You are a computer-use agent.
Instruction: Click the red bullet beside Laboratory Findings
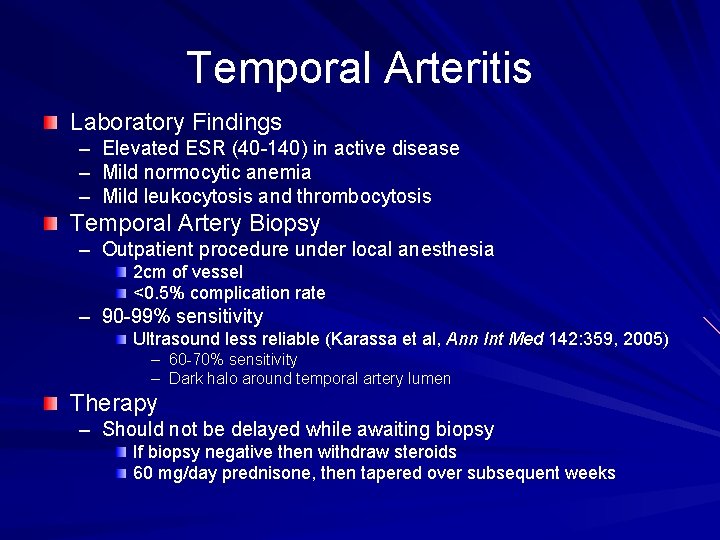pyautogui.click(x=51, y=123)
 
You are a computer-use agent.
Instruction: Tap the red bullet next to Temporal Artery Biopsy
pyautogui.click(x=51, y=223)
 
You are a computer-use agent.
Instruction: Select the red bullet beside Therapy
pyautogui.click(x=51, y=403)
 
